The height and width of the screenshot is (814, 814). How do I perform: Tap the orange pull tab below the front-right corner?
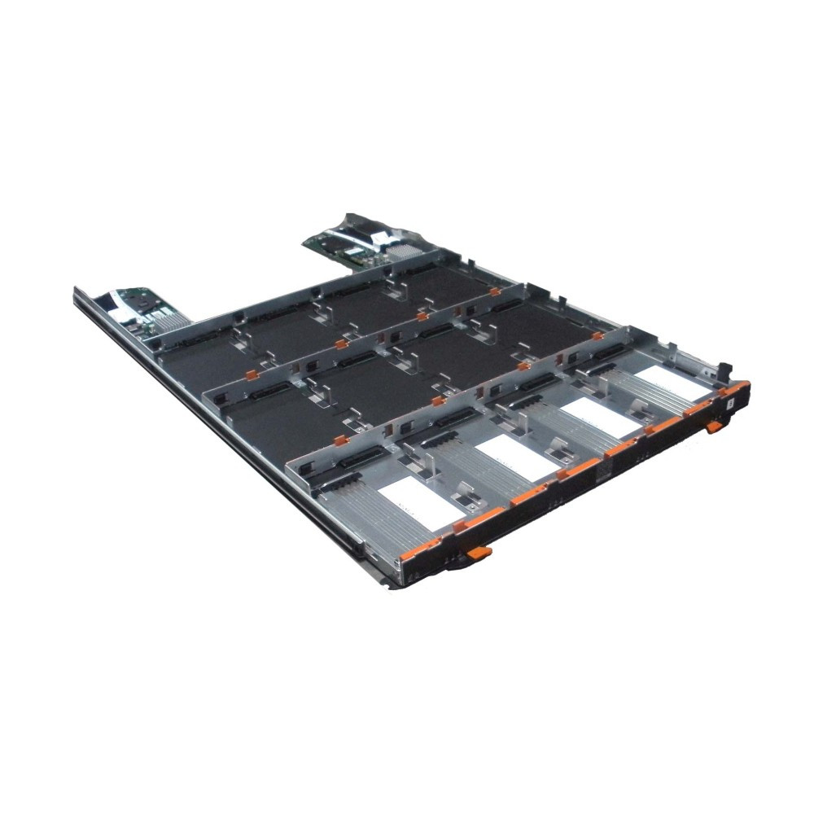(x=714, y=426)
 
